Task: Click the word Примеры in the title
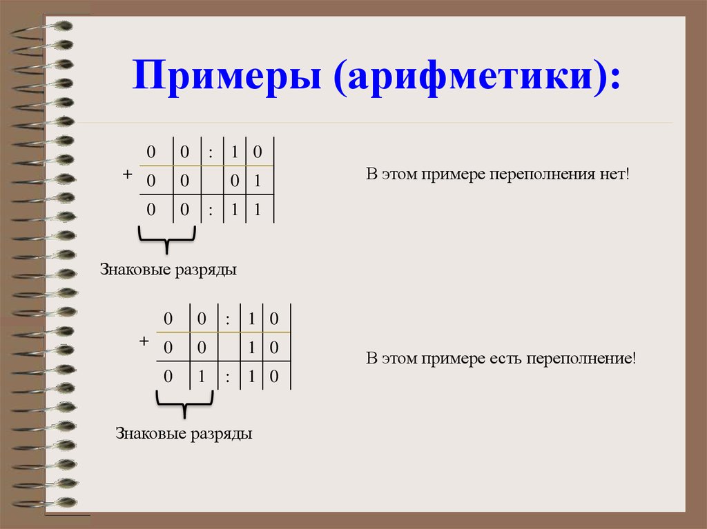tap(229, 79)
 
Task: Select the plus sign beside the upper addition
tap(127, 175)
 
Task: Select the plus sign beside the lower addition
tap(144, 341)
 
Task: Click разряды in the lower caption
tap(222, 434)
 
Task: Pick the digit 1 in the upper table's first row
tap(235, 151)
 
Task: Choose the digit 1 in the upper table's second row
tap(256, 181)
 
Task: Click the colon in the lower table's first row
tap(227, 319)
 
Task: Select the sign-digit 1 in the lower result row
tap(201, 377)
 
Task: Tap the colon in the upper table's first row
tap(209, 151)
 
